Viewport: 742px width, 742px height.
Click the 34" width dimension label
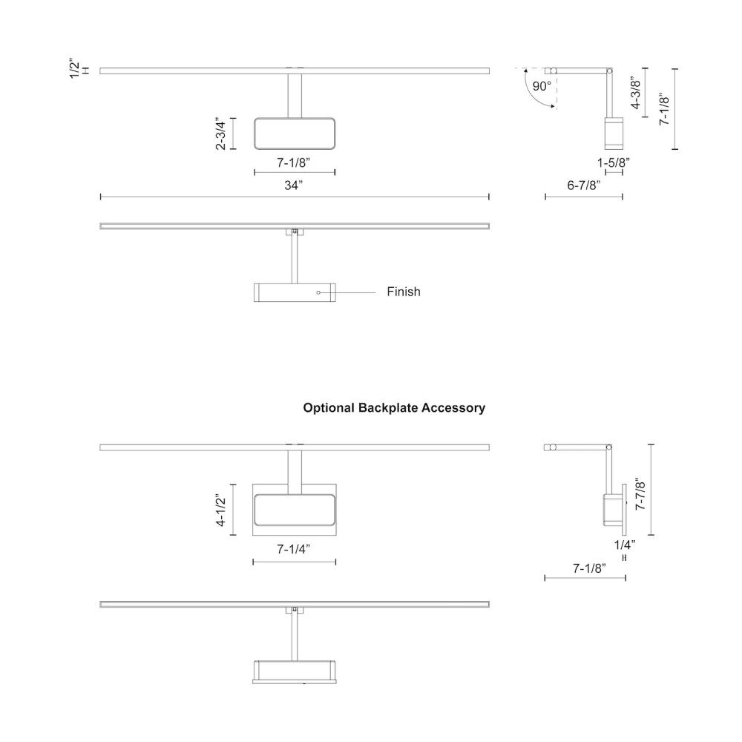tap(294, 185)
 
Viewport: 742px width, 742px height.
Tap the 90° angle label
tap(542, 86)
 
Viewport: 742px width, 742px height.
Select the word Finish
tap(403, 292)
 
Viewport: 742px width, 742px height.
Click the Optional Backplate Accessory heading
tap(394, 408)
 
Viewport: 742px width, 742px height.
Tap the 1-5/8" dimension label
tap(614, 162)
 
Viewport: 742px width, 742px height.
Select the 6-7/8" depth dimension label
tap(584, 185)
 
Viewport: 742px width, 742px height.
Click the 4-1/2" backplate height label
tap(221, 508)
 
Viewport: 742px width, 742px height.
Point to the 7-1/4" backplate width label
tap(294, 550)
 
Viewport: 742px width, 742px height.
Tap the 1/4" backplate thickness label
tap(625, 544)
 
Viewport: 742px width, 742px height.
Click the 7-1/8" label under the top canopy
tap(294, 162)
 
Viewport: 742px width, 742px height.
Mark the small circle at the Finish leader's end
tap(318, 292)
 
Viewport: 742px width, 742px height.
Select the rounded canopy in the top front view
tap(294, 134)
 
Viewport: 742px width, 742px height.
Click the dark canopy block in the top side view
tap(613, 133)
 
